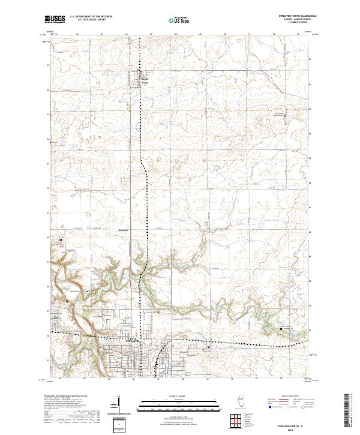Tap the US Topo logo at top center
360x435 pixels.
179,20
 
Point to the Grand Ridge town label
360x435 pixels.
145,79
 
